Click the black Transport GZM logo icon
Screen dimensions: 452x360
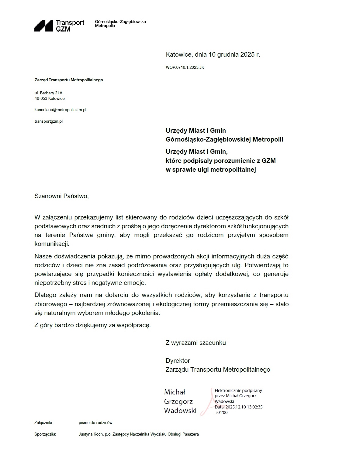[44, 26]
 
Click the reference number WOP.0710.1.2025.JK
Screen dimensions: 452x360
[185, 68]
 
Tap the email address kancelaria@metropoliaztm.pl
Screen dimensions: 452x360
[60, 110]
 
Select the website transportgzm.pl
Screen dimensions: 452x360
[49, 121]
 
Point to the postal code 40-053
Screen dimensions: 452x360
[41, 99]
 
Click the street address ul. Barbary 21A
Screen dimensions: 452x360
[48, 93]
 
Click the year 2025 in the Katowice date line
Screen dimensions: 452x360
[247, 55]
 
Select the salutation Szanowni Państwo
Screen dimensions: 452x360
[61, 196]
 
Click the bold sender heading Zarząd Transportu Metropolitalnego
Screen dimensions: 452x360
[69, 80]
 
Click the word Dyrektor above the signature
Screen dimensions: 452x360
[178, 361]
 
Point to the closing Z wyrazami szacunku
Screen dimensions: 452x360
[196, 343]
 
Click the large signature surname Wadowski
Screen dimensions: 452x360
[180, 411]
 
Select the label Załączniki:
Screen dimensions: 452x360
[44, 423]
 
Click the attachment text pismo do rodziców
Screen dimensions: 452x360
[95, 423]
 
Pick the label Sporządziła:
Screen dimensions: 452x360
[45, 434]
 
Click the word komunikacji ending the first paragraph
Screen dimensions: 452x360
[52, 244]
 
